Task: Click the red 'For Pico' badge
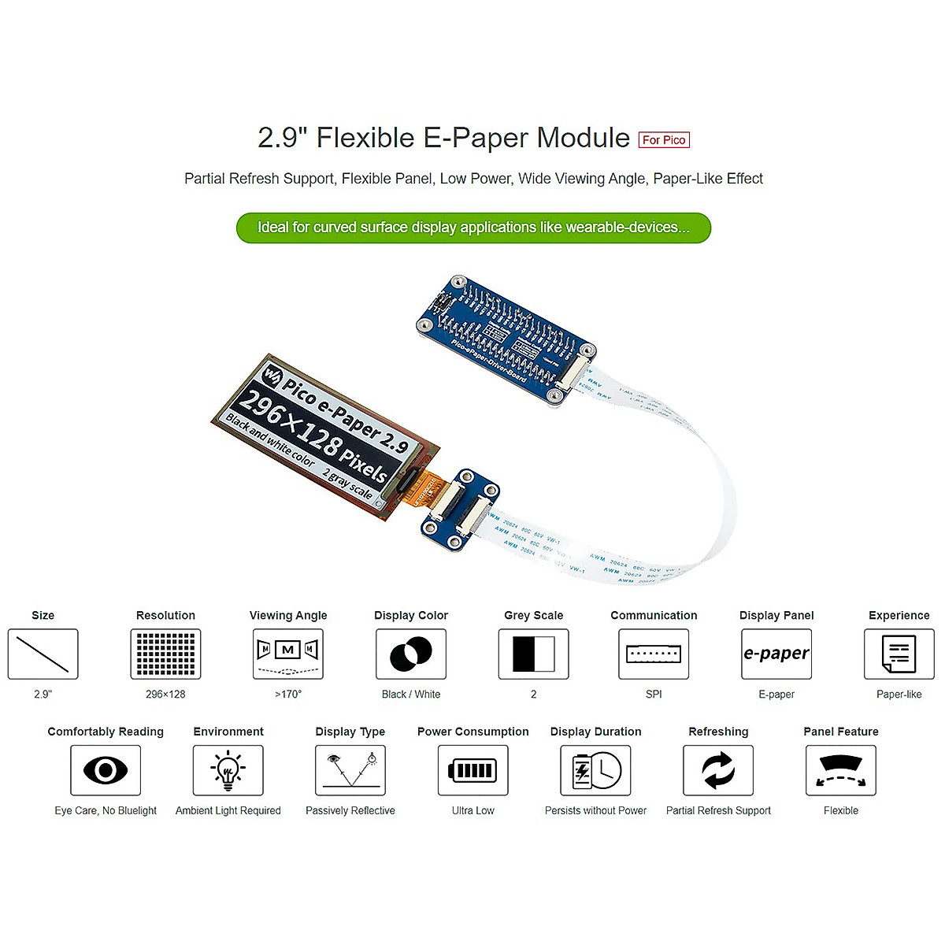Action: click(x=663, y=140)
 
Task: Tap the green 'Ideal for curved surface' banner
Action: click(x=473, y=228)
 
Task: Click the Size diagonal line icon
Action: click(x=43, y=654)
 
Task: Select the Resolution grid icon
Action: click(x=165, y=654)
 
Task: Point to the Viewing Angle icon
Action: click(x=288, y=654)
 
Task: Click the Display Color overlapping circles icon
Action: click(x=411, y=654)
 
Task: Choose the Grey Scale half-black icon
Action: click(x=534, y=654)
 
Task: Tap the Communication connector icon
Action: click(x=654, y=654)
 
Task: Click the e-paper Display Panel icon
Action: click(x=776, y=654)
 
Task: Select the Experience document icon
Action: click(x=899, y=654)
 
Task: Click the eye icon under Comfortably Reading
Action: click(x=106, y=770)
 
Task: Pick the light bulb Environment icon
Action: click(x=228, y=770)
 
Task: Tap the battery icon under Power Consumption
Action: click(x=473, y=770)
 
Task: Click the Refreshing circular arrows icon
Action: click(x=718, y=770)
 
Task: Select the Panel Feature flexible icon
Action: click(x=841, y=770)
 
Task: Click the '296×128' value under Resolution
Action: click(x=165, y=695)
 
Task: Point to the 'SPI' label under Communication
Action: click(x=654, y=695)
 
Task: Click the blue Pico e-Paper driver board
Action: click(x=504, y=339)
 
